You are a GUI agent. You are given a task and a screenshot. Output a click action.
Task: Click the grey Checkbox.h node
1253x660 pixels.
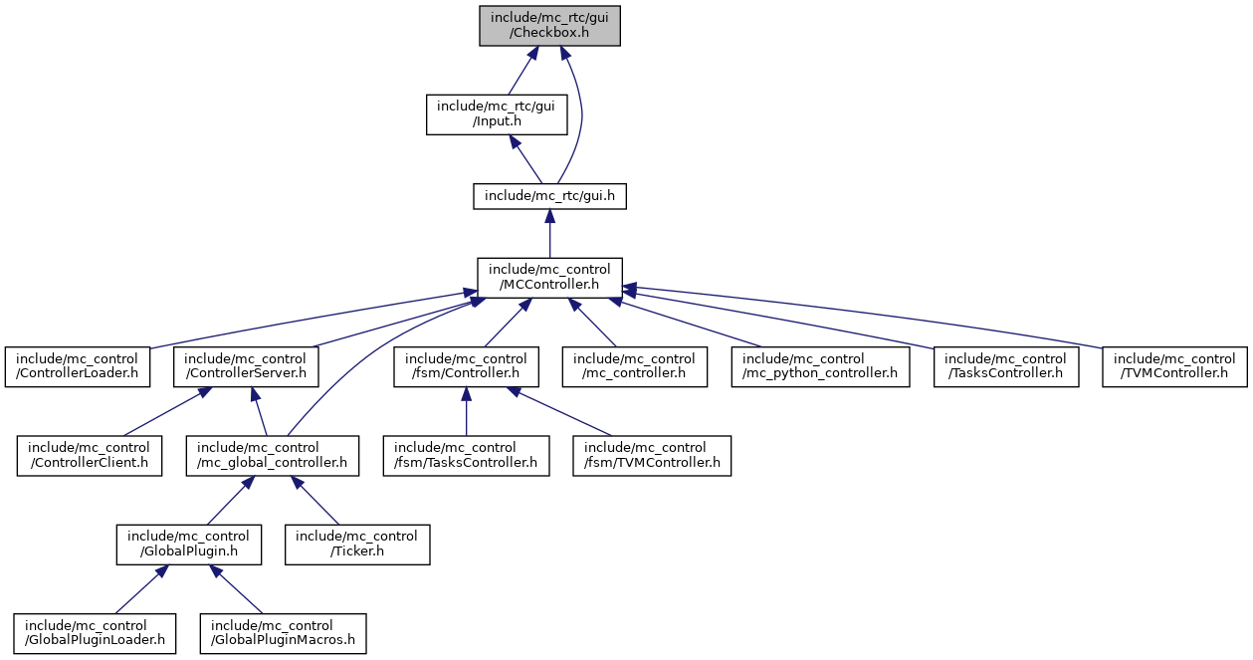[549, 25]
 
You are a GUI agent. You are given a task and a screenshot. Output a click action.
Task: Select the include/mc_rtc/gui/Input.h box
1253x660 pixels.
[497, 114]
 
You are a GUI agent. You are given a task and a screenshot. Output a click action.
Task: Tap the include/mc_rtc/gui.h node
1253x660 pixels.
[549, 195]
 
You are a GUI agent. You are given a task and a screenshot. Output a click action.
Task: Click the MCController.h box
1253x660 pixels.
[549, 277]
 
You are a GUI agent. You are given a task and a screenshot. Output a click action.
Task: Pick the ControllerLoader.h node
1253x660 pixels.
[77, 366]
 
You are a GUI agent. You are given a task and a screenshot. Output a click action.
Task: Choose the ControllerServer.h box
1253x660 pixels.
[246, 366]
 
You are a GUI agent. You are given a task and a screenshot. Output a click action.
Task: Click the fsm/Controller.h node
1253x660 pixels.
[466, 366]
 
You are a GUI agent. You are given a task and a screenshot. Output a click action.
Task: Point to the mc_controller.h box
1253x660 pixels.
[635, 366]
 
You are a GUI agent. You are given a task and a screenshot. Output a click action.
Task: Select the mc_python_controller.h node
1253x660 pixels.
[820, 366]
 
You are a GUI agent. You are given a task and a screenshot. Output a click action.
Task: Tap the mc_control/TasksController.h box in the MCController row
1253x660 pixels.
[1005, 366]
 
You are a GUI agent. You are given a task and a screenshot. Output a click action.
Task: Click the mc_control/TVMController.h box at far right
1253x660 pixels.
[1174, 366]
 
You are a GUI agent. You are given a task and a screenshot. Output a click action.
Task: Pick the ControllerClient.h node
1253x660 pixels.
[89, 455]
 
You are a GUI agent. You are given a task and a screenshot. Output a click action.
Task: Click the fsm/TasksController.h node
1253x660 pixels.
[466, 455]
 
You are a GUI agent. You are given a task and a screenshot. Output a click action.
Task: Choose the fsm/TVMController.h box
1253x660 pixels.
[651, 455]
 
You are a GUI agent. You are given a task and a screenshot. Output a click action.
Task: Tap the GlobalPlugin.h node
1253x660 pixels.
[188, 545]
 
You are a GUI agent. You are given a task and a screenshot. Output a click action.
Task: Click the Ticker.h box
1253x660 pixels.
[357, 545]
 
